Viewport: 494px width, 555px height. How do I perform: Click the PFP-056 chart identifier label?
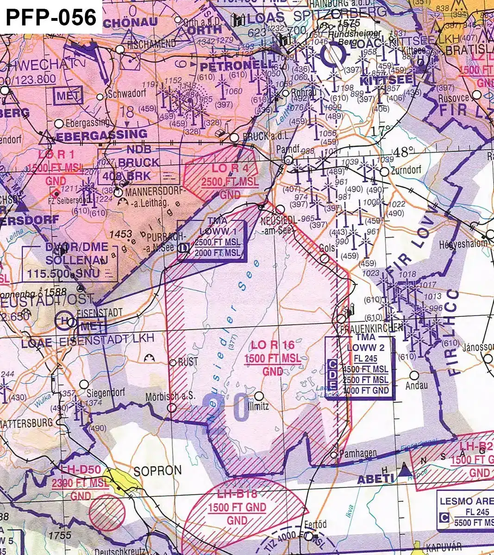pos(51,18)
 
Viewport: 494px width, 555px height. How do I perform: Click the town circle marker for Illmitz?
pos(259,396)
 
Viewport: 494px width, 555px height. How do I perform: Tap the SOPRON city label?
pos(157,471)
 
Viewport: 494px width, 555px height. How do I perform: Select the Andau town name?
pos(417,385)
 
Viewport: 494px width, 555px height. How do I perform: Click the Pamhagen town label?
pos(358,454)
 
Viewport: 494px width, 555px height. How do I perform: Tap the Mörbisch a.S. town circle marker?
pos(172,407)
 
